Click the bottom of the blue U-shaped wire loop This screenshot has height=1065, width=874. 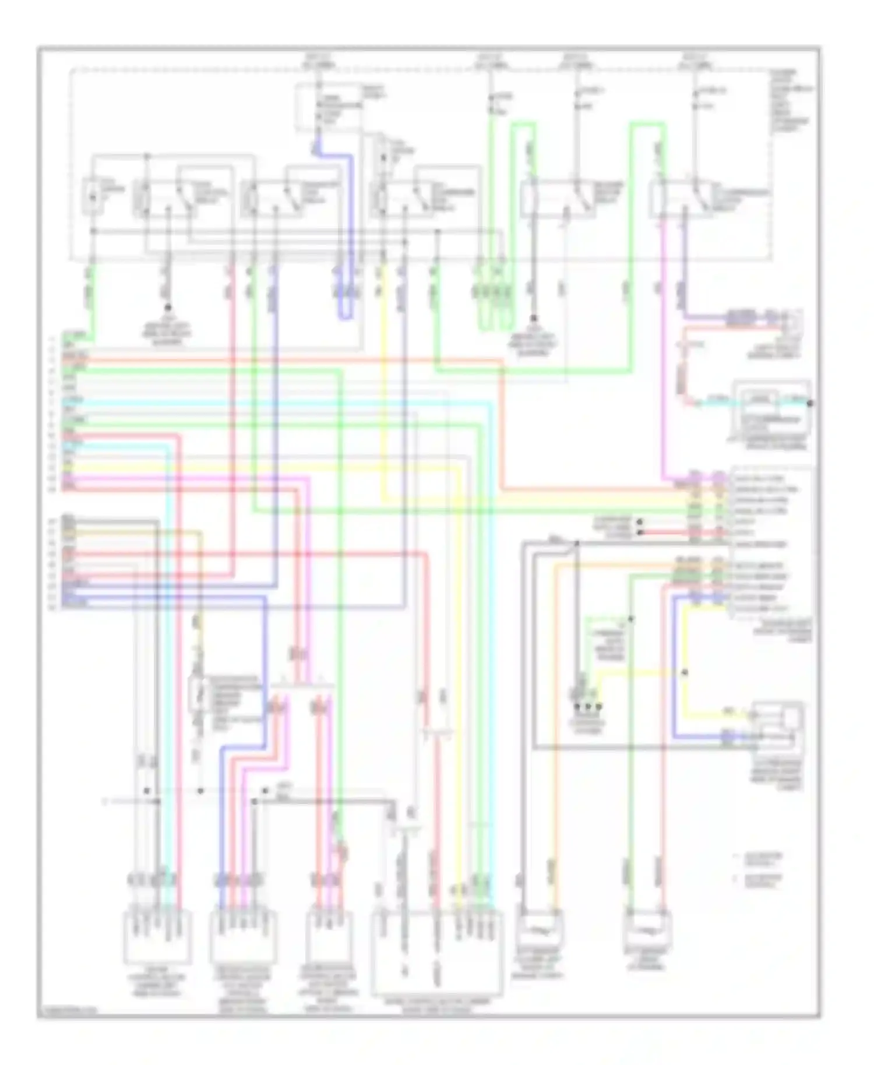(x=346, y=318)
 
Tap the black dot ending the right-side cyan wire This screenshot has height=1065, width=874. (x=810, y=403)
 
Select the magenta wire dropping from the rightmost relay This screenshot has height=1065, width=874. (x=663, y=350)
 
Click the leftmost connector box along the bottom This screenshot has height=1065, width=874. (x=157, y=937)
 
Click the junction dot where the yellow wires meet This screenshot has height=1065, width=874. (x=685, y=672)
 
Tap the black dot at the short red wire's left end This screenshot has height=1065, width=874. (x=640, y=532)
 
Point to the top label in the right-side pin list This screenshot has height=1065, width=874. (x=758, y=478)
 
